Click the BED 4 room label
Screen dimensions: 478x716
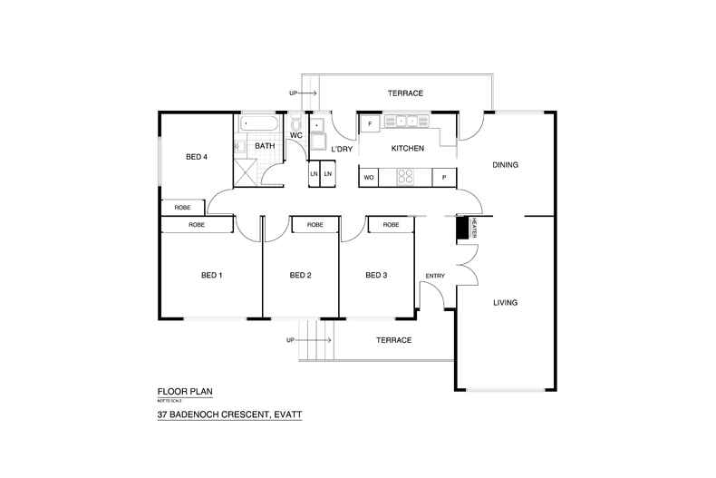[197, 157]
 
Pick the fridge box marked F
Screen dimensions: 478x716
[370, 122]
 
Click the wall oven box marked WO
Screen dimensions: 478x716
[369, 178]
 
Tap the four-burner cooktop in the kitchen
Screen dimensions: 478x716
[405, 178]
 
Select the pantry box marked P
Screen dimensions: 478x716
[444, 178]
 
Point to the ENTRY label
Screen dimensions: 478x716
[436, 276]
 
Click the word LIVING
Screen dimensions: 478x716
[505, 302]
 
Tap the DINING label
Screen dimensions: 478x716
[505, 165]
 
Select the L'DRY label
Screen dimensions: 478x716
[341, 149]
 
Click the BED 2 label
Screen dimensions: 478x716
[300, 275]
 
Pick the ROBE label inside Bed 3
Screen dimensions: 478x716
[391, 225]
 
